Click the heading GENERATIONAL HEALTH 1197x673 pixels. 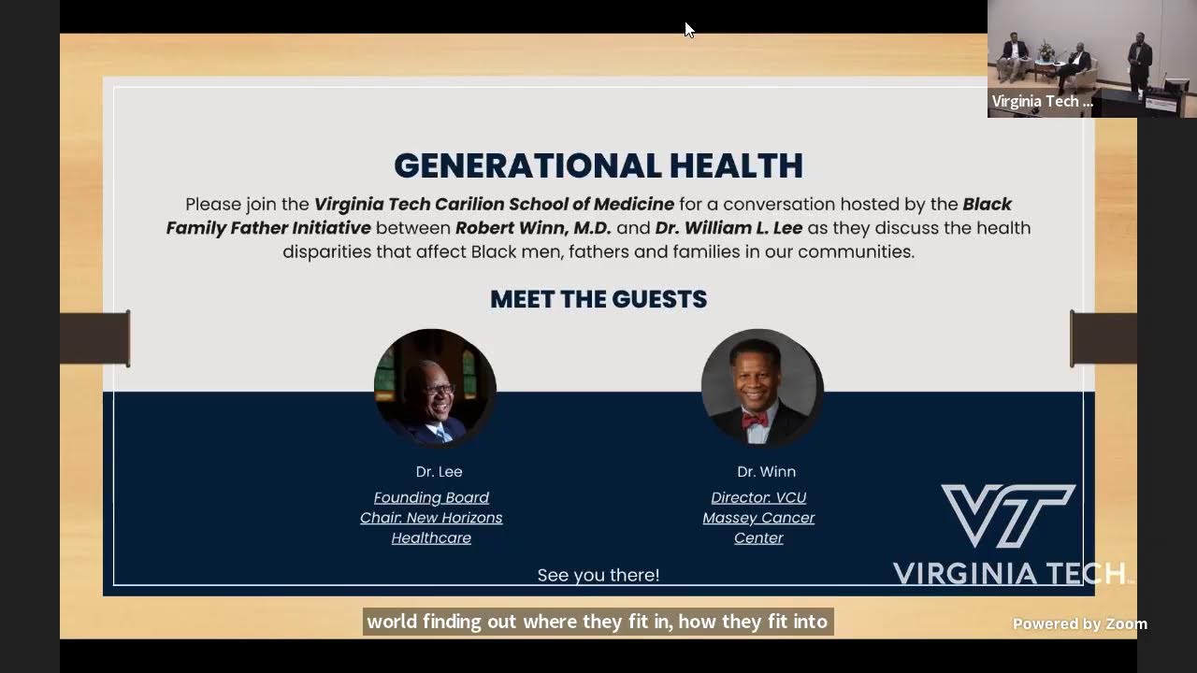598,166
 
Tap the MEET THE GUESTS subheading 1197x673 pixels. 598,299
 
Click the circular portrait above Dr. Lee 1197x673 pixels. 435,387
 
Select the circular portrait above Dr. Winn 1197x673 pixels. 761,387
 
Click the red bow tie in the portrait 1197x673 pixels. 755,420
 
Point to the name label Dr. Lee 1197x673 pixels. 439,472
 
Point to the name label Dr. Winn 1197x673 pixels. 766,472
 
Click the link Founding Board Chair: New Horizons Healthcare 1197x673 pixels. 431,518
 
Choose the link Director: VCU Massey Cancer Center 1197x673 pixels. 758,518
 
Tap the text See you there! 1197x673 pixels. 598,576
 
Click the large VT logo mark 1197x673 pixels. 1008,515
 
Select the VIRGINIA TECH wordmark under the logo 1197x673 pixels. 1008,573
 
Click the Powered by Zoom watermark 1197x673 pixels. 1079,624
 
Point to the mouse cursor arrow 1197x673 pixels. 688,29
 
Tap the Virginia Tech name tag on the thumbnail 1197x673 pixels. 1042,102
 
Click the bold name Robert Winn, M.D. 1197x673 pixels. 533,228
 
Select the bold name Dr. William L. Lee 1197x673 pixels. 725,228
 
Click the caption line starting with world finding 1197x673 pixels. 598,622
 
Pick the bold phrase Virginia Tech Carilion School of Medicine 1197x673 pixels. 494,204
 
